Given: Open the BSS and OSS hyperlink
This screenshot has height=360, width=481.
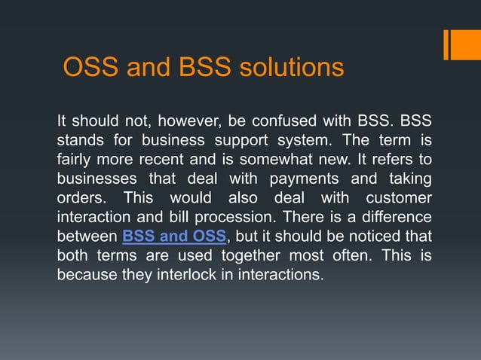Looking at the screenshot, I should click(x=174, y=236).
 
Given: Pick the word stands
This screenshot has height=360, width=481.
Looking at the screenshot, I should click(x=79, y=140).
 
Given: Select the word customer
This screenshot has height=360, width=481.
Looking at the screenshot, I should click(x=399, y=198).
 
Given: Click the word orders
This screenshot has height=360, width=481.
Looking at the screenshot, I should click(x=79, y=198).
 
